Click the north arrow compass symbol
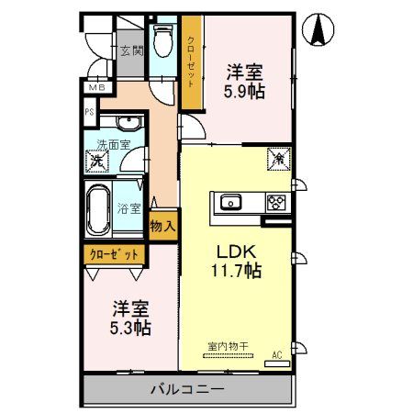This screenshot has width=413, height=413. [318, 29]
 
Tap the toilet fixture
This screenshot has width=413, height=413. [162, 40]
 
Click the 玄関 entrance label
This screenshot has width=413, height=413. [131, 51]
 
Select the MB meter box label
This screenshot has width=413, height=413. [96, 88]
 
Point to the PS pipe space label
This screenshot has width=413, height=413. [89, 112]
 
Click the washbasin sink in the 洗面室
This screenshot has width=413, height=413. [130, 123]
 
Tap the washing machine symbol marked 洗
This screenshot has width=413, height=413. [97, 161]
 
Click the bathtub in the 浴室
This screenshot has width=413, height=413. [98, 210]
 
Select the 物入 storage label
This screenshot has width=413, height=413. [163, 227]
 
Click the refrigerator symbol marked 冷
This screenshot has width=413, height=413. [279, 159]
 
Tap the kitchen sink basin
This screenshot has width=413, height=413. [231, 203]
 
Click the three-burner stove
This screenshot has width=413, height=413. [276, 203]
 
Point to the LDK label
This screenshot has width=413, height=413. [236, 251]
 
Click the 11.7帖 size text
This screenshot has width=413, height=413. [237, 271]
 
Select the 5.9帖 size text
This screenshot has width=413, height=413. [244, 91]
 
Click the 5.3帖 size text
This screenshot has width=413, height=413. [130, 328]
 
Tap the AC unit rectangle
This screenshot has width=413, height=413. [277, 363]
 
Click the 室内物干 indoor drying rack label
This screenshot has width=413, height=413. [228, 347]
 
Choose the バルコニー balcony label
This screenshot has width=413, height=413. [187, 389]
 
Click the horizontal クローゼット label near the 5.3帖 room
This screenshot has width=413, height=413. [114, 254]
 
